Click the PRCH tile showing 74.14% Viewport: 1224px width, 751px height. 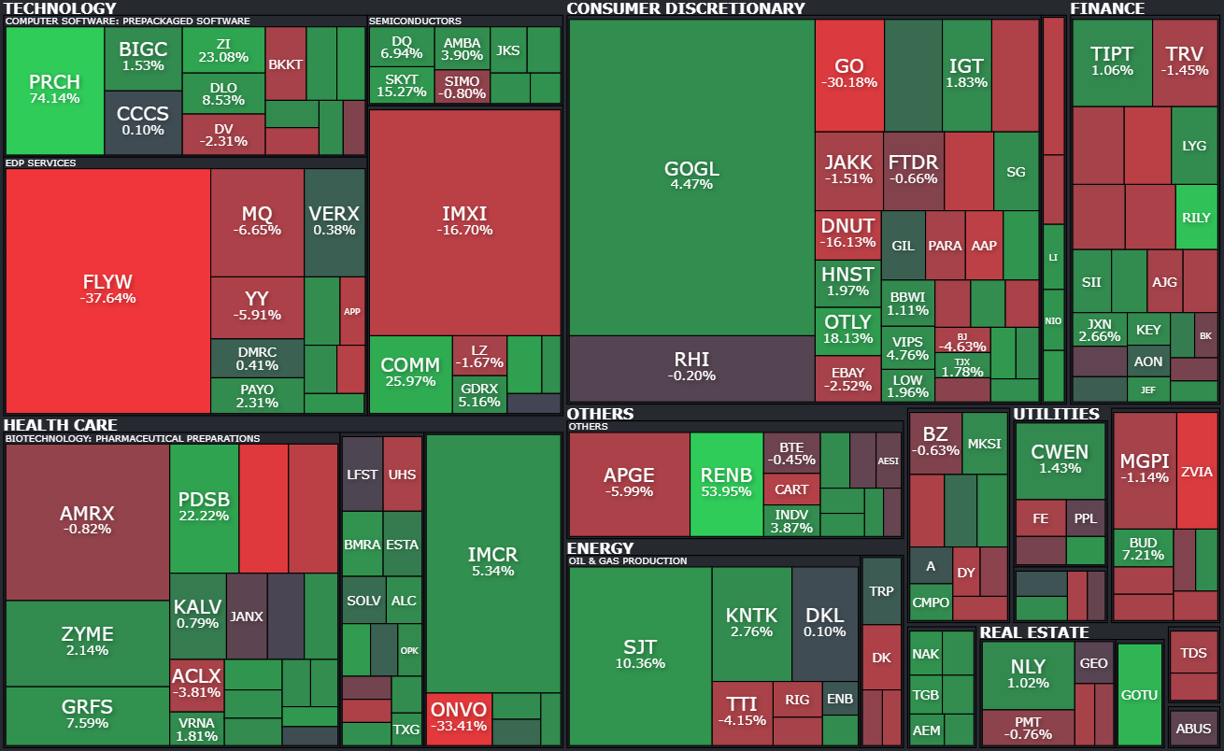pyautogui.click(x=54, y=89)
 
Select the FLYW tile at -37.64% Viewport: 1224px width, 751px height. pyautogui.click(x=107, y=290)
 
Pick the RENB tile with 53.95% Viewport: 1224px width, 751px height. pyautogui.click(x=726, y=483)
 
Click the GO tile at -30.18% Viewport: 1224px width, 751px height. pyautogui.click(x=848, y=75)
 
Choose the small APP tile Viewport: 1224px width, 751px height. pyautogui.click(x=352, y=312)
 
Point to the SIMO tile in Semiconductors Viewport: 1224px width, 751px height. pyautogui.click(x=463, y=87)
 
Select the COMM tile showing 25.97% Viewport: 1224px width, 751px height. pyautogui.click(x=410, y=373)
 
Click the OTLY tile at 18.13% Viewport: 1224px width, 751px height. pyautogui.click(x=847, y=330)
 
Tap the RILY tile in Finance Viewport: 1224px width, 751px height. pyautogui.click(x=1196, y=218)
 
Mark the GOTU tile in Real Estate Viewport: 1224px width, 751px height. pyautogui.click(x=1139, y=694)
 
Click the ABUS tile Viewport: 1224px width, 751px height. pyautogui.click(x=1193, y=729)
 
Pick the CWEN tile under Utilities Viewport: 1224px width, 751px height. pyautogui.click(x=1060, y=460)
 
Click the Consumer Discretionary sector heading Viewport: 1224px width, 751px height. pyautogui.click(x=685, y=8)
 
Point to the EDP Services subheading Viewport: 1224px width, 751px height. pyautogui.click(x=41, y=163)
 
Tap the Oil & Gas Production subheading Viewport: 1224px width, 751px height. pyautogui.click(x=628, y=561)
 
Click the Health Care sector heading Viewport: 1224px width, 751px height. pyautogui.click(x=61, y=425)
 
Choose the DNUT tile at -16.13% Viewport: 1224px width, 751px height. pyautogui.click(x=847, y=233)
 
